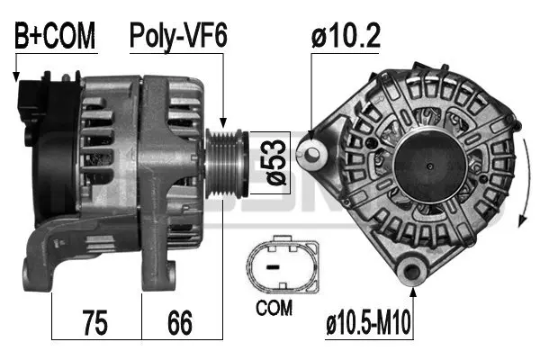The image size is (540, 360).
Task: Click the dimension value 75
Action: click(96, 322)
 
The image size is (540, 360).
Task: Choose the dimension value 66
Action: click(181, 322)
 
